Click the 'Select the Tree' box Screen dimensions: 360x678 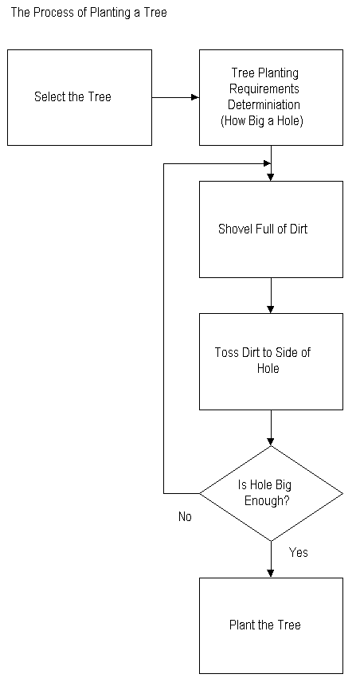80,97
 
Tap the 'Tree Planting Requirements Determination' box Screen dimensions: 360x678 271,97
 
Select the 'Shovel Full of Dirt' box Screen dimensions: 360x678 271,229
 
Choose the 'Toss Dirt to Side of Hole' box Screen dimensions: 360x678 271,362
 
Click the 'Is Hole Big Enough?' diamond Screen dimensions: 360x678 271,493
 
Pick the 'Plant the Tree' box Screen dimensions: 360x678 271,625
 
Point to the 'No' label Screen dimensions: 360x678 185,517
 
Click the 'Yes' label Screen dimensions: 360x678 298,552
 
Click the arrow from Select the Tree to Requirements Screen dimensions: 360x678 175,97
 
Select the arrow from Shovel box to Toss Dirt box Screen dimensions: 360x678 271,296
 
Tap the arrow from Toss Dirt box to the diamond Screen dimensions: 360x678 271,428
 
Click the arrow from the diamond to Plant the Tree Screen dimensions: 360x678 271,559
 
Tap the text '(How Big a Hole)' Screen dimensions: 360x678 262,121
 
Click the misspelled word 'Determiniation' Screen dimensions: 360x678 264,104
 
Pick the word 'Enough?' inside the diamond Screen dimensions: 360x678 267,502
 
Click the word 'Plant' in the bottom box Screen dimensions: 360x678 240,625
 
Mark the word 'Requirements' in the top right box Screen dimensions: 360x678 264,89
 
